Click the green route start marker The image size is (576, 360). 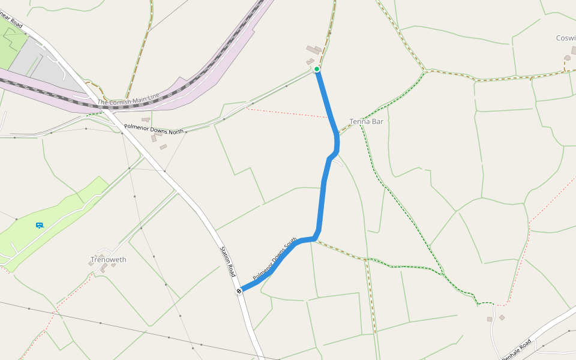pos(317,70)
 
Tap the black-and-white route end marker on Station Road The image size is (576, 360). pos(239,291)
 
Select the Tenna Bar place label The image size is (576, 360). pos(366,121)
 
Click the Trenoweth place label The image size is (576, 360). pos(109,260)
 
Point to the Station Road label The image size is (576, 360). pos(227,262)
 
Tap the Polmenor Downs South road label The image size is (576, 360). pos(275,259)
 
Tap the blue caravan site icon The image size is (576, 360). pos(39,226)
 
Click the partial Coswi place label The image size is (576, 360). pos(565,38)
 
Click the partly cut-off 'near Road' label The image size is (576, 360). pos(12,22)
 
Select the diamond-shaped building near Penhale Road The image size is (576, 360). pos(502,317)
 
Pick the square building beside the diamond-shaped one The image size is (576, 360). pos(490,319)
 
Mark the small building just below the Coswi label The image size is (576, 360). pos(567,58)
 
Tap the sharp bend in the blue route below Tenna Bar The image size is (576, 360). pos(331,157)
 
